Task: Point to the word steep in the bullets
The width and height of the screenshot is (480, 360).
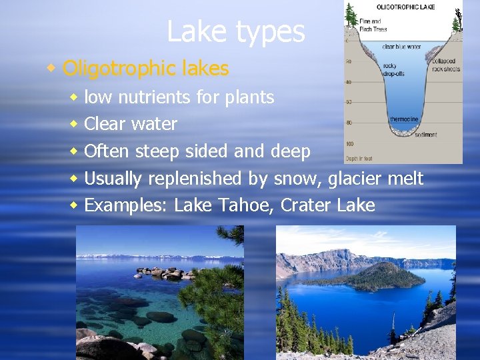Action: click(x=157, y=152)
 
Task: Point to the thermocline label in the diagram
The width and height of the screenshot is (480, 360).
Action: click(x=405, y=118)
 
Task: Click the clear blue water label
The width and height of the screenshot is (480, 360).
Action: click(x=401, y=47)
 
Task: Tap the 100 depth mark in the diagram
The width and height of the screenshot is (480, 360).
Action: click(x=350, y=144)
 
